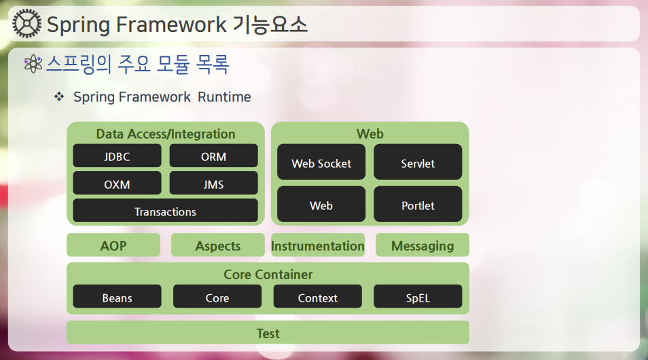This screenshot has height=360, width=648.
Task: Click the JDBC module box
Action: pos(117,156)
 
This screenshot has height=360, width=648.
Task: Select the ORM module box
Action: pos(214,156)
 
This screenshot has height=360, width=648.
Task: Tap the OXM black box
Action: pos(117,183)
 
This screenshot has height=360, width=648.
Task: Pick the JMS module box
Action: pos(214,183)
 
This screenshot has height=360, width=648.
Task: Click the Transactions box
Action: pos(165,211)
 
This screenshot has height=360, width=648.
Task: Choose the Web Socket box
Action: pos(321,162)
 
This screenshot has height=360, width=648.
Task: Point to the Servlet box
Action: pos(418,162)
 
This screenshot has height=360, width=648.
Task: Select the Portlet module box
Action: pos(418,204)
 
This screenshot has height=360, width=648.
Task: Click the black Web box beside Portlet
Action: pos(321,204)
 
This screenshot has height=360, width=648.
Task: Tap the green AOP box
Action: pos(113,245)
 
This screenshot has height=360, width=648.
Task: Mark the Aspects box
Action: pos(218,245)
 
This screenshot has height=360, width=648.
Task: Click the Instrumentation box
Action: pos(318,245)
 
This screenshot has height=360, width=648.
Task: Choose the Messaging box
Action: pos(422,245)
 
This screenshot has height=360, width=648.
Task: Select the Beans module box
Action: pos(117,296)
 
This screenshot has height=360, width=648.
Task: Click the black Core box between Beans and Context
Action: pos(217,296)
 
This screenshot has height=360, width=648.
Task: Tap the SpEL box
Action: pos(418,296)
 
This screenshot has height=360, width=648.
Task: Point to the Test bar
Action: pos(268,332)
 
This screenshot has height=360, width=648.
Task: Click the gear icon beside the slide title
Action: pos(27,24)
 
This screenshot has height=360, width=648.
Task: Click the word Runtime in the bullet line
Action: pos(224,96)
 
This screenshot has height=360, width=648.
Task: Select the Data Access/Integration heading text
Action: pos(165,134)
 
